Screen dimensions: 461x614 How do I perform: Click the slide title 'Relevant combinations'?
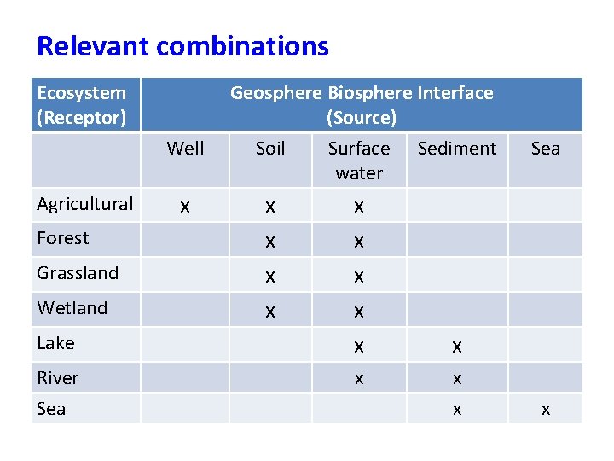(182, 46)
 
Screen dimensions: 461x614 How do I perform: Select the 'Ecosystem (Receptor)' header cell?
(82, 105)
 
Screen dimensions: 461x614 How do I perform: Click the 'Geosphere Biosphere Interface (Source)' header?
(362, 105)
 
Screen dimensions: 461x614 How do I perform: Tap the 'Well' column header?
(185, 149)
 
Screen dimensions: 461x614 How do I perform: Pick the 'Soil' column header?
(270, 149)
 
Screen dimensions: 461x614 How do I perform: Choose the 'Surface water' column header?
(359, 160)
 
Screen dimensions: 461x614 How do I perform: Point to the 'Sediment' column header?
(457, 149)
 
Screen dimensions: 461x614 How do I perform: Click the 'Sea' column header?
(546, 149)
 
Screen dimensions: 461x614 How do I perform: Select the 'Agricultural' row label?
(85, 204)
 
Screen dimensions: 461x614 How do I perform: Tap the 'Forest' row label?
(63, 238)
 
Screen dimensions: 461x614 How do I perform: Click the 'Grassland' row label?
(78, 273)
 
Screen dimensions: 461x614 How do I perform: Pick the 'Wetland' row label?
(72, 308)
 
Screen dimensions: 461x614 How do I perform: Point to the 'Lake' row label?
(56, 343)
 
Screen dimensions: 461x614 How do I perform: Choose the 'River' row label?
(58, 378)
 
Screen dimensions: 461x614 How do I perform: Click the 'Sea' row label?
(51, 409)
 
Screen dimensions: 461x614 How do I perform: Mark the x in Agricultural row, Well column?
(185, 207)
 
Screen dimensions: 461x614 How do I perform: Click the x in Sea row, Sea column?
(546, 411)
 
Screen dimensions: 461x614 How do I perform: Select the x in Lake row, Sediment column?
(457, 347)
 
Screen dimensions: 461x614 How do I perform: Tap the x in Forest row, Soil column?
(270, 242)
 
